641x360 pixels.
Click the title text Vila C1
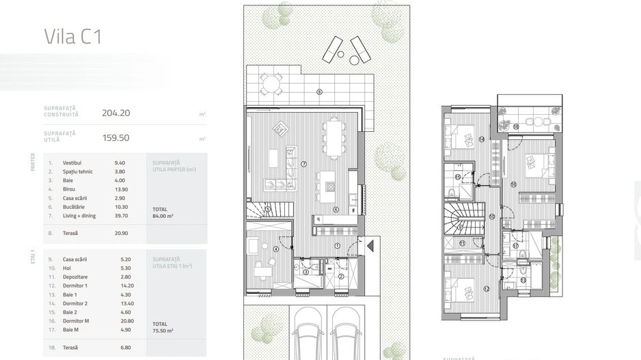pos(72,36)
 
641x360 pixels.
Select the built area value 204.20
pos(115,113)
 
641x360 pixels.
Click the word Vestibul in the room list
pos(72,163)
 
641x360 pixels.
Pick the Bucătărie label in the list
pos(74,207)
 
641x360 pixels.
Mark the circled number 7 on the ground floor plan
pos(303,164)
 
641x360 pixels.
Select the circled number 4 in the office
pos(275,249)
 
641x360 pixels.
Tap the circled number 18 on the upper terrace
pos(515,126)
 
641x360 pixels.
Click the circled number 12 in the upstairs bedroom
pos(487,289)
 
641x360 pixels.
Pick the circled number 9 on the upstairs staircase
pos(460,227)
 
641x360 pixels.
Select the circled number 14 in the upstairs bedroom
pos(481,139)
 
